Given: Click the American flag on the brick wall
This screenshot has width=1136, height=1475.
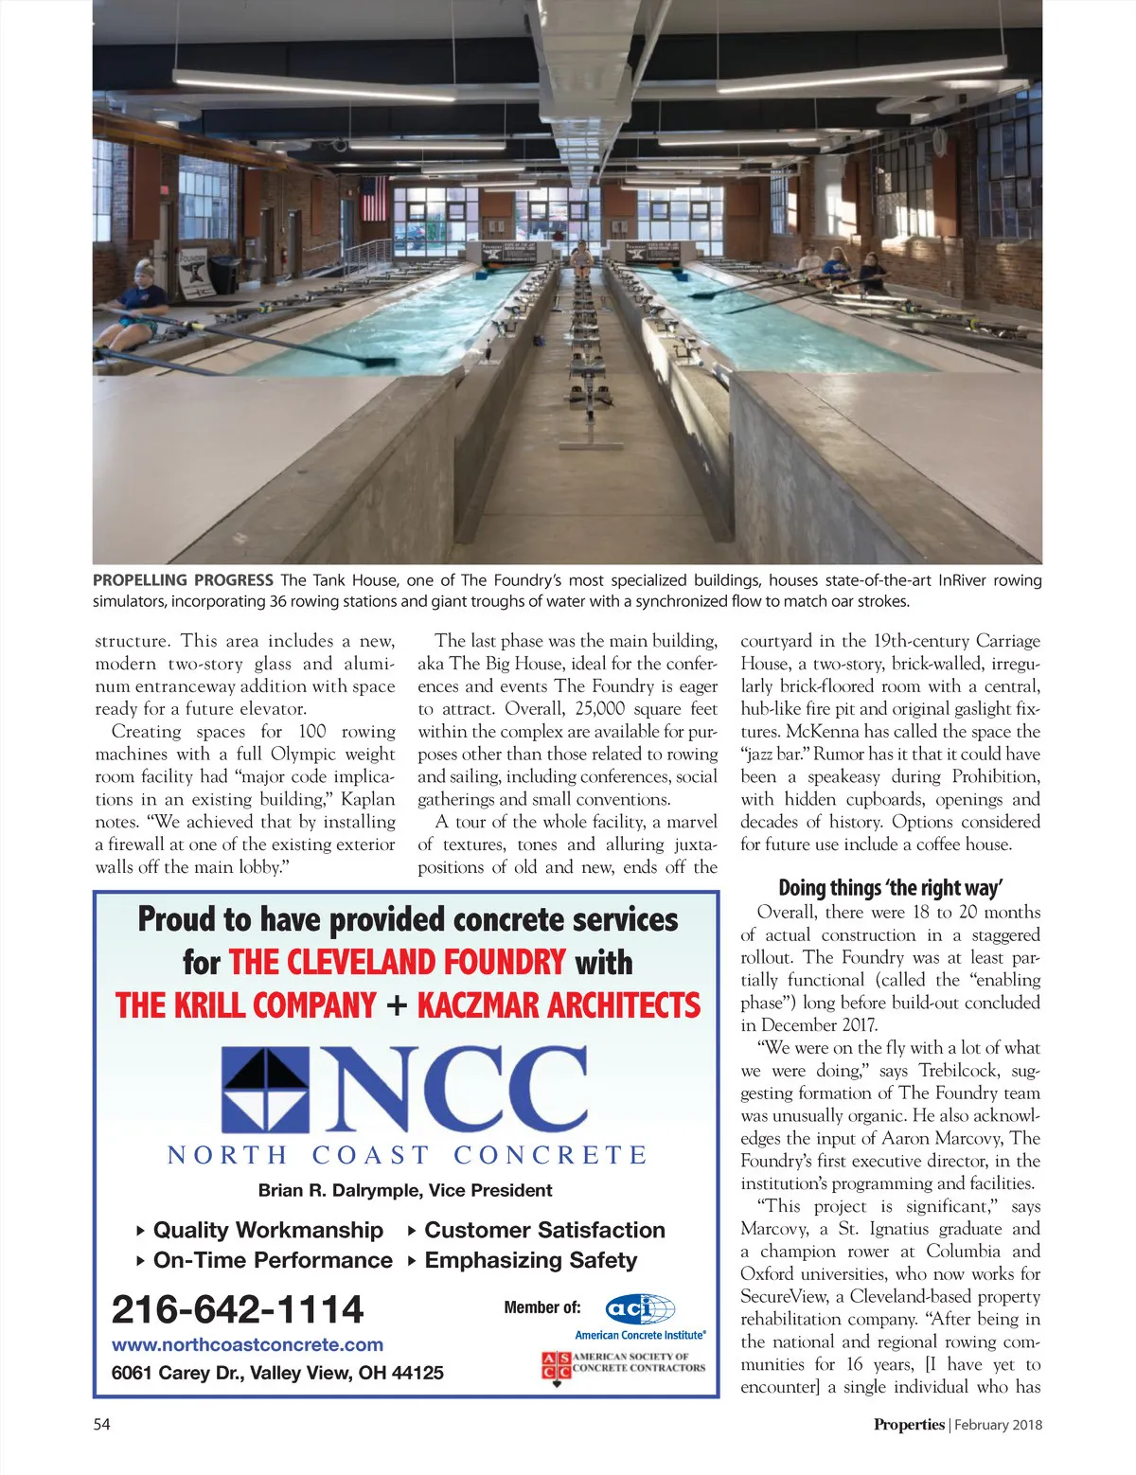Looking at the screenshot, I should coord(374,198).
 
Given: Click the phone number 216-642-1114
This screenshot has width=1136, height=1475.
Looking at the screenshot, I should coord(238,1309).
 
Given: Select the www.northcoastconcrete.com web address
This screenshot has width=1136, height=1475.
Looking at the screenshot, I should coord(247,1344).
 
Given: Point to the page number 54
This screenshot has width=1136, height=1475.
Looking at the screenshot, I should coord(101,1424).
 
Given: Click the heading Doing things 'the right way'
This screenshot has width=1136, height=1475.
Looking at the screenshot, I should coord(890,888).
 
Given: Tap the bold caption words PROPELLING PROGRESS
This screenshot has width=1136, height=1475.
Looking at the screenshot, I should coord(183,580).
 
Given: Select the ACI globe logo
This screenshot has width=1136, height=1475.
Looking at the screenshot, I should coord(640,1309).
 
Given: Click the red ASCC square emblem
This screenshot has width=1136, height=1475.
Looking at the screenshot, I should coord(556,1367).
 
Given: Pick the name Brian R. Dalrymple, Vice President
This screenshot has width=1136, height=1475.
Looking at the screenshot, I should coord(405,1190).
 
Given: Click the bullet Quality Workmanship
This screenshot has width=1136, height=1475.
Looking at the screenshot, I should coord(268,1230).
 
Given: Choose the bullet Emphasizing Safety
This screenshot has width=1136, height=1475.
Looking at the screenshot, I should coord(530,1260).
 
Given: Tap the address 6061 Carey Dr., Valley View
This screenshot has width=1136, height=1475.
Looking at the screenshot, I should coord(277,1373).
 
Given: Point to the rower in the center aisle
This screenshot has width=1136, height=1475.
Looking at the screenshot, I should coord(579,258).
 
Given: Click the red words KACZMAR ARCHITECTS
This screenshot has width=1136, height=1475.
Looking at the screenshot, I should coord(559,1004).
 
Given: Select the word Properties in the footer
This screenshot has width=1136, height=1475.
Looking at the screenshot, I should coord(909,1424).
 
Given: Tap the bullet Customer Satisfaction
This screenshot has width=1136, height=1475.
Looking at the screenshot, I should coord(544,1230).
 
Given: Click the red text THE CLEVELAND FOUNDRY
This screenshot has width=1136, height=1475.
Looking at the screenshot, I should coord(398,962).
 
